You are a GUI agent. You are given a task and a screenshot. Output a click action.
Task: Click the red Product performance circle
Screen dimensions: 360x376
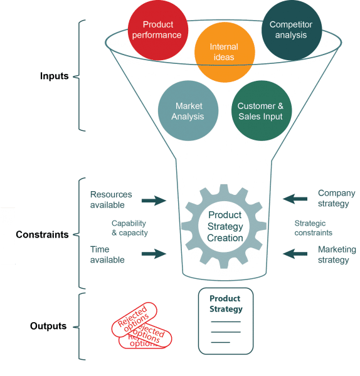click(158, 30)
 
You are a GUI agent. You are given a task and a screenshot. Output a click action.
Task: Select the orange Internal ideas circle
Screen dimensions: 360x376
click(225, 52)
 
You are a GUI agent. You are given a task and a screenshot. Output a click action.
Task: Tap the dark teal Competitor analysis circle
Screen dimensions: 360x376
click(292, 30)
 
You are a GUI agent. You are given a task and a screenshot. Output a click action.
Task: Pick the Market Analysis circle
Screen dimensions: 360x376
click(188, 110)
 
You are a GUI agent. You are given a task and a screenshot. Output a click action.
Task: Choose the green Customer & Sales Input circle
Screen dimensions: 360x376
click(262, 110)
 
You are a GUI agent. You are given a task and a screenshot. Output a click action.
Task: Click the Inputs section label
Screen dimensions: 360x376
click(54, 76)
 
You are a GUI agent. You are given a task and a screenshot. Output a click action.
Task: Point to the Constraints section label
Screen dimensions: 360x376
click(42, 234)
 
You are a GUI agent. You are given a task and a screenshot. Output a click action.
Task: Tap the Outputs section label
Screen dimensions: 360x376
click(48, 326)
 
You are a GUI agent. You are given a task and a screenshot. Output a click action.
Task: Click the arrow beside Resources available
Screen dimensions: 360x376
click(154, 201)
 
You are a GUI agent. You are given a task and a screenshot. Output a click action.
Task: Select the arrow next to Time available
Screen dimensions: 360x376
click(154, 254)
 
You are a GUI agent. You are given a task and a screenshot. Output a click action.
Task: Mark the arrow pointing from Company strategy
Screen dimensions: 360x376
click(295, 199)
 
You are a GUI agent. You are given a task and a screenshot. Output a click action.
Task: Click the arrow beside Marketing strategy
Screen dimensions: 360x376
click(295, 254)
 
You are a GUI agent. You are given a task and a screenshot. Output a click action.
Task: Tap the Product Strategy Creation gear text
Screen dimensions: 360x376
click(225, 226)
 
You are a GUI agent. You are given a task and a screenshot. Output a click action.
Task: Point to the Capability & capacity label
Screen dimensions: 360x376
click(130, 228)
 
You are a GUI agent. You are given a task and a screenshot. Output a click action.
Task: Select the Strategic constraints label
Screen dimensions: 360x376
click(314, 228)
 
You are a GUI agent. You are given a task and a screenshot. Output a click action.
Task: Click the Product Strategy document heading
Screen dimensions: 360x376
click(226, 304)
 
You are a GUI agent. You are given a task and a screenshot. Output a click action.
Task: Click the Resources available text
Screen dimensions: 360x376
click(111, 199)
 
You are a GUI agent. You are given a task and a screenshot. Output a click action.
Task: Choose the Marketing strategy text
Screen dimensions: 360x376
click(337, 254)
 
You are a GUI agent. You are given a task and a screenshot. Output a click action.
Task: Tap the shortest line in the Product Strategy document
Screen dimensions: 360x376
click(221, 342)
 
